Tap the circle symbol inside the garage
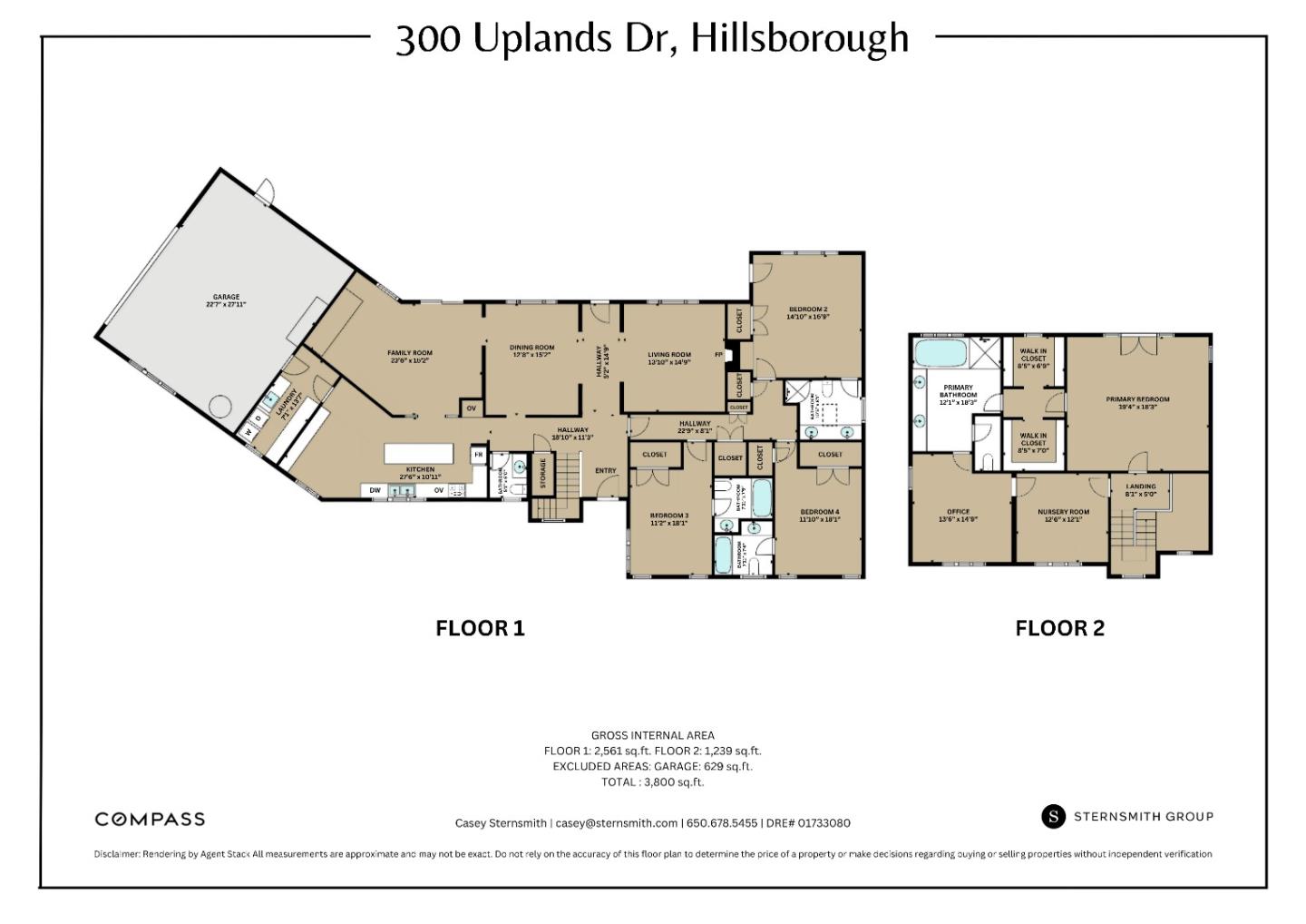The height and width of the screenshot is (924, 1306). [221, 405]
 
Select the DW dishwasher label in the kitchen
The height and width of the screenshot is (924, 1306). [375, 491]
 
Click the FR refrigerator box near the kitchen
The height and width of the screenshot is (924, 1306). [478, 455]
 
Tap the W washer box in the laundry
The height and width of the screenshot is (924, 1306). [249, 433]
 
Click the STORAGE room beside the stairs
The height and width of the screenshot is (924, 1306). [542, 473]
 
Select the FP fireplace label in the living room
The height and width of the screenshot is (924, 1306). [719, 355]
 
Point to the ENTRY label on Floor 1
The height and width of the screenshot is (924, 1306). [605, 470]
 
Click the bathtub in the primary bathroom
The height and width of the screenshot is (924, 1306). [941, 351]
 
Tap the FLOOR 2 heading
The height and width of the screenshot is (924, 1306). [1059, 628]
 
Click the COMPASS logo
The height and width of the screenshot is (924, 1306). [150, 819]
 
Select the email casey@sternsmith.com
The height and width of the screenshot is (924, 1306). [616, 823]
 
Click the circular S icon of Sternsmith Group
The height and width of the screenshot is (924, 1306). [1052, 816]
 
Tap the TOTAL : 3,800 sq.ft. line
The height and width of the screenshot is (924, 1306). [652, 781]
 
